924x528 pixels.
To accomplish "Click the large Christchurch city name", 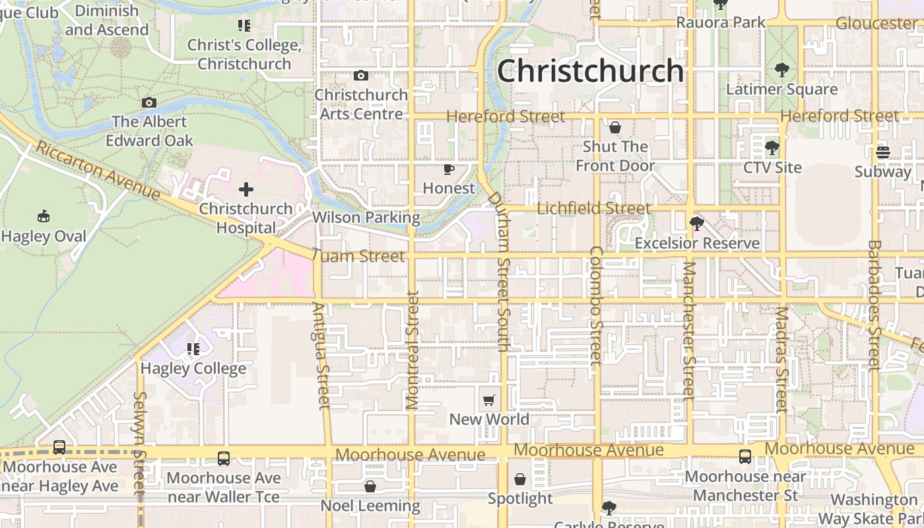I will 590,71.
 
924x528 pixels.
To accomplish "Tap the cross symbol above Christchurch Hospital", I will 246,190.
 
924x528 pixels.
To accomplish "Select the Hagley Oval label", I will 44,236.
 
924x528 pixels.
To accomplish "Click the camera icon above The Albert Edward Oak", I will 149,102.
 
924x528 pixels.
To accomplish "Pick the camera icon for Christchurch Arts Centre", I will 360,75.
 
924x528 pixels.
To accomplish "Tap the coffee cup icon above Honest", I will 449,170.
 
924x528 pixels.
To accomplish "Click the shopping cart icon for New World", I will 489,400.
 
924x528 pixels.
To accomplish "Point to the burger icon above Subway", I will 883,152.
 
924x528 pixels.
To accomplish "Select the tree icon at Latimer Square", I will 781,69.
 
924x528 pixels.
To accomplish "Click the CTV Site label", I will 772,168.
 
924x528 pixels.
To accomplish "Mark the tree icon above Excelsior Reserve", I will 696,224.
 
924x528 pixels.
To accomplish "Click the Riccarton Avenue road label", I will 98,170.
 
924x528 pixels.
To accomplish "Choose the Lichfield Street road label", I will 593,209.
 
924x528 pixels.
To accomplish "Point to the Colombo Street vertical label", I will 597,305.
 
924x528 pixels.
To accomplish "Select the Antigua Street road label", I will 321,355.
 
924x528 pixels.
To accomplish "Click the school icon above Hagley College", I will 193,348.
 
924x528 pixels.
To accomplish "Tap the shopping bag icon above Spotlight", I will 520,479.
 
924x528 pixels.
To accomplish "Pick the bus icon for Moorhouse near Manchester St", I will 745,457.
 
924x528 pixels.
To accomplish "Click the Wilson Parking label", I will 366,217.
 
